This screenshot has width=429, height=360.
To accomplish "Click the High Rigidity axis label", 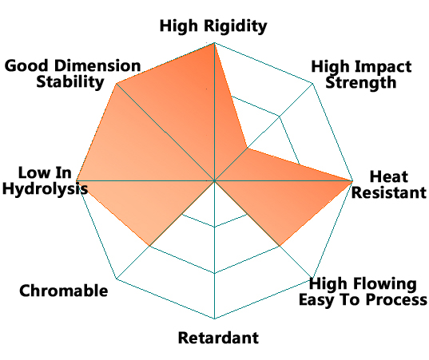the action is (x=213, y=26).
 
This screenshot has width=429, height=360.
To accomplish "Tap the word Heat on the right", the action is (x=389, y=176).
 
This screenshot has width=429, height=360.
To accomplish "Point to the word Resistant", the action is (x=389, y=192).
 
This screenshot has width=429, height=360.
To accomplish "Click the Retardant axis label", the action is (x=218, y=338).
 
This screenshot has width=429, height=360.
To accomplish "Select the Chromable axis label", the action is (x=64, y=291).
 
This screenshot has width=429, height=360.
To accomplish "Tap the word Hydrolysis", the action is (x=46, y=189).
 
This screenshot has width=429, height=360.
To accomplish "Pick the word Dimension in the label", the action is (x=97, y=66).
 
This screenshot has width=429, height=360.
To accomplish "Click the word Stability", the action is (x=70, y=82).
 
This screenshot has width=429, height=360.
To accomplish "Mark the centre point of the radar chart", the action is (x=214, y=180).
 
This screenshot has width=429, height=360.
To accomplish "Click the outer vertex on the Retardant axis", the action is (x=214, y=318).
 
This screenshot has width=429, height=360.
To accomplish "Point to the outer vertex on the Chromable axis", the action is (x=117, y=279).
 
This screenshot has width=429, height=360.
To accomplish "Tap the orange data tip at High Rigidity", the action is (x=214, y=43).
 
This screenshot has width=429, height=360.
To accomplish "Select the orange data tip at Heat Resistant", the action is (x=352, y=180).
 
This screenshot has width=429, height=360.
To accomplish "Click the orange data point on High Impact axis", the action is (x=248, y=148).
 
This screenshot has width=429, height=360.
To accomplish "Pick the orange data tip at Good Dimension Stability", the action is (x=117, y=83).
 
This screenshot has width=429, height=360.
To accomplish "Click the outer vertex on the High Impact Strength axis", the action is (x=312, y=83).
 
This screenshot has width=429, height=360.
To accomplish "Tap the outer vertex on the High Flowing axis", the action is (x=312, y=278).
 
